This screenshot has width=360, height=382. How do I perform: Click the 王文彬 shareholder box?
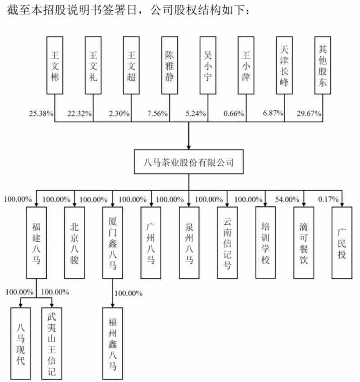coord(55,65)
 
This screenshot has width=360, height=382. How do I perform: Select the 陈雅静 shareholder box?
coord(170,65)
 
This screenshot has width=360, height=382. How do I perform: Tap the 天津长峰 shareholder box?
coord(284,65)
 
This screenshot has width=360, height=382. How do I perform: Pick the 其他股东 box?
coord(323,65)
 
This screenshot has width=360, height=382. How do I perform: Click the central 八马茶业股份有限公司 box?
coord(189,162)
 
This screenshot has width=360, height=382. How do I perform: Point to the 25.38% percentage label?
coord(41,114)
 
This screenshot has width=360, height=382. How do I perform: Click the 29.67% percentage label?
coord(309,114)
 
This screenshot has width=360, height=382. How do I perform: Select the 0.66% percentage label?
coord(234,114)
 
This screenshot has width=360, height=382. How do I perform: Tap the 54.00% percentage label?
coord(287,200)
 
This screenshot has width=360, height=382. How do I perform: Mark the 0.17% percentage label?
coord(328,199)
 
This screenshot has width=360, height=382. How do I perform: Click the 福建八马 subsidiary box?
coord(36,243)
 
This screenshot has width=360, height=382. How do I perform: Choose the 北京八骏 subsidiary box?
coord(75,243)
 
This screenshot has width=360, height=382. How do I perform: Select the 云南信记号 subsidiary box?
coord(227,243)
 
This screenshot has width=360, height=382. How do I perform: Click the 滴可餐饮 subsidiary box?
coord(304,243)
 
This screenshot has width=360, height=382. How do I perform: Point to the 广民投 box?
coord(342,243)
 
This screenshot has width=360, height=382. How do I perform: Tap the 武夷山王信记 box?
coord(52,344)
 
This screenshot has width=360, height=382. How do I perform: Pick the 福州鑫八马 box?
coord(112,344)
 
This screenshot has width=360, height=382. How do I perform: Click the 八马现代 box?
coord(21,344)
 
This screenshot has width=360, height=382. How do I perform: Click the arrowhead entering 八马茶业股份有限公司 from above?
coord(189,147)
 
